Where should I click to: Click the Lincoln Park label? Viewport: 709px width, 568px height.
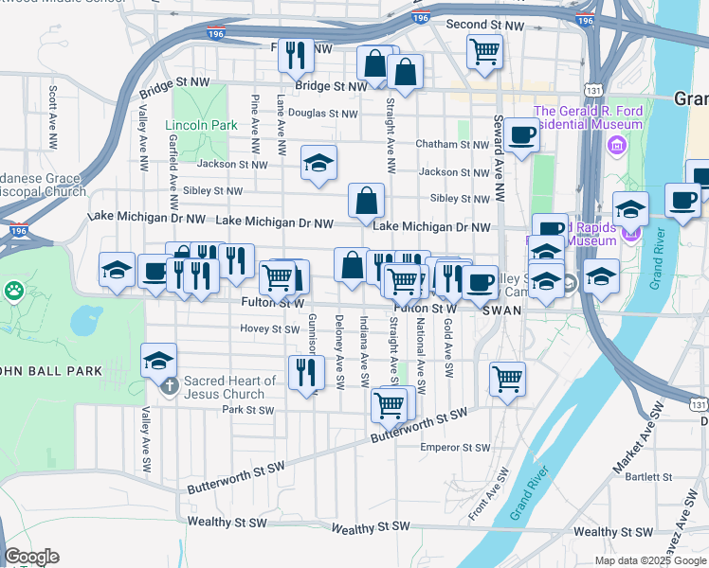pyautogui.click(x=200, y=125)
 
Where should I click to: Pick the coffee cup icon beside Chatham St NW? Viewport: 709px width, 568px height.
pyautogui.click(x=521, y=135)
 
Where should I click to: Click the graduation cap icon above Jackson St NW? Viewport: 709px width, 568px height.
pyautogui.click(x=319, y=162)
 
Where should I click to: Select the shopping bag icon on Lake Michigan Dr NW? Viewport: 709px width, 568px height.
pyautogui.click(x=366, y=201)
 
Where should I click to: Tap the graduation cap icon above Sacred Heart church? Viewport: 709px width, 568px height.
pyautogui.click(x=158, y=360)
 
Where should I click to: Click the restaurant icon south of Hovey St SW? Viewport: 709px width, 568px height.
pyautogui.click(x=306, y=372)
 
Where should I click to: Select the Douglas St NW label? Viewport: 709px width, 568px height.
pyautogui.click(x=323, y=113)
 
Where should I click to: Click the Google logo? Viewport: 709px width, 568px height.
pyautogui.click(x=31, y=557)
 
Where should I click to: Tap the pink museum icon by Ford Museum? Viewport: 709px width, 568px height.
pyautogui.click(x=617, y=147)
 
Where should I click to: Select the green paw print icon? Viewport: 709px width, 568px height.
pyautogui.click(x=13, y=289)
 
